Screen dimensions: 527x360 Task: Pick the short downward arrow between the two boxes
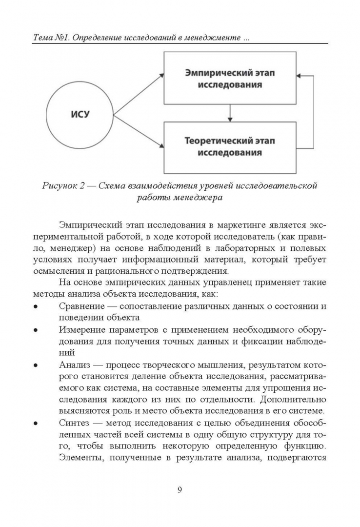click(x=230, y=113)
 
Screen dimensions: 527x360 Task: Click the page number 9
click(x=180, y=490)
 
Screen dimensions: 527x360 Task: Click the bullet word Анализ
click(x=74, y=365)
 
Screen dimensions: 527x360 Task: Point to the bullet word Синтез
click(x=74, y=422)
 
